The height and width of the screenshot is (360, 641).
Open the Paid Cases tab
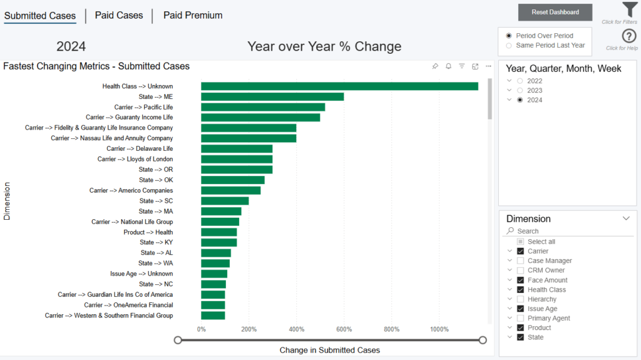pyautogui.click(x=119, y=16)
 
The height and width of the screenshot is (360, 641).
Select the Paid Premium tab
pyautogui.click(x=193, y=16)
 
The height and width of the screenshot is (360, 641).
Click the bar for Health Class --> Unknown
pyautogui.click(x=339, y=86)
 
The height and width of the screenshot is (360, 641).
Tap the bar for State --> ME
pyautogui.click(x=272, y=97)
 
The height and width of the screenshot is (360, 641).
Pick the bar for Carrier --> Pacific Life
pyautogui.click(x=263, y=107)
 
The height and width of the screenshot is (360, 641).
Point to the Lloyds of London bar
pyautogui.click(x=237, y=159)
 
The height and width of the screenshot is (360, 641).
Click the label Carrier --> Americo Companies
pyautogui.click(x=131, y=190)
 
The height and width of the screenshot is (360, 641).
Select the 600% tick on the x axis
pyautogui.click(x=344, y=329)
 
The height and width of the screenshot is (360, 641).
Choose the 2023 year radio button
pyautogui.click(x=520, y=91)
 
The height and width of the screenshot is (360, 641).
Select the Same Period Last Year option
pyautogui.click(x=509, y=45)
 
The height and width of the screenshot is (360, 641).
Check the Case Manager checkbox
pyautogui.click(x=520, y=261)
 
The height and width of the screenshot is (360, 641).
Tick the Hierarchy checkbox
pyautogui.click(x=520, y=299)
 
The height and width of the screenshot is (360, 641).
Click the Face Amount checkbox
pyautogui.click(x=520, y=280)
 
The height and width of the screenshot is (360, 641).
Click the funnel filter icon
pyautogui.click(x=629, y=10)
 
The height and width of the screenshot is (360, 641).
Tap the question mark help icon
pyautogui.click(x=629, y=36)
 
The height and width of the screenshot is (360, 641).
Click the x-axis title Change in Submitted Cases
pyautogui.click(x=330, y=350)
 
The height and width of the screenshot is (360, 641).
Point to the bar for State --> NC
pyautogui.click(x=213, y=284)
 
